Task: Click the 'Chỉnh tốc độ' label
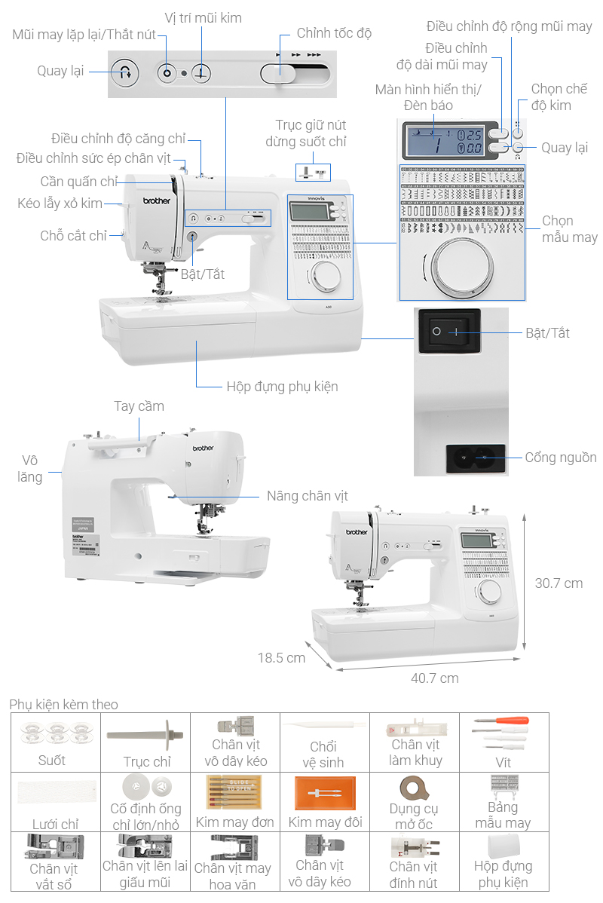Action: tap(334, 33)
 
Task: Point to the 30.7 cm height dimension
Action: tap(559, 583)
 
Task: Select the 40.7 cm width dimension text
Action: tap(434, 678)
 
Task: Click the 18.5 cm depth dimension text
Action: tap(281, 657)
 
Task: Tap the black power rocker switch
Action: tap(448, 331)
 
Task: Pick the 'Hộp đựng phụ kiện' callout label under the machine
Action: tap(282, 387)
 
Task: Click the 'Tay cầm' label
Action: tap(139, 406)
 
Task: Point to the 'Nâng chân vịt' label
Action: tap(308, 496)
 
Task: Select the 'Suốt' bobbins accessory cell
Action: tap(52, 742)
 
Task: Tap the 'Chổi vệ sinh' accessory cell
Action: tap(323, 742)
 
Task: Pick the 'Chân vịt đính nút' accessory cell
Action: tap(414, 861)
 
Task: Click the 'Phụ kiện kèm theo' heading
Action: tap(63, 704)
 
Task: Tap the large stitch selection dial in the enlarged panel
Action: tap(461, 268)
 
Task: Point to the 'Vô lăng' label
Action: tap(30, 468)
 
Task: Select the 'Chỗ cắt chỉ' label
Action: tap(74, 236)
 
